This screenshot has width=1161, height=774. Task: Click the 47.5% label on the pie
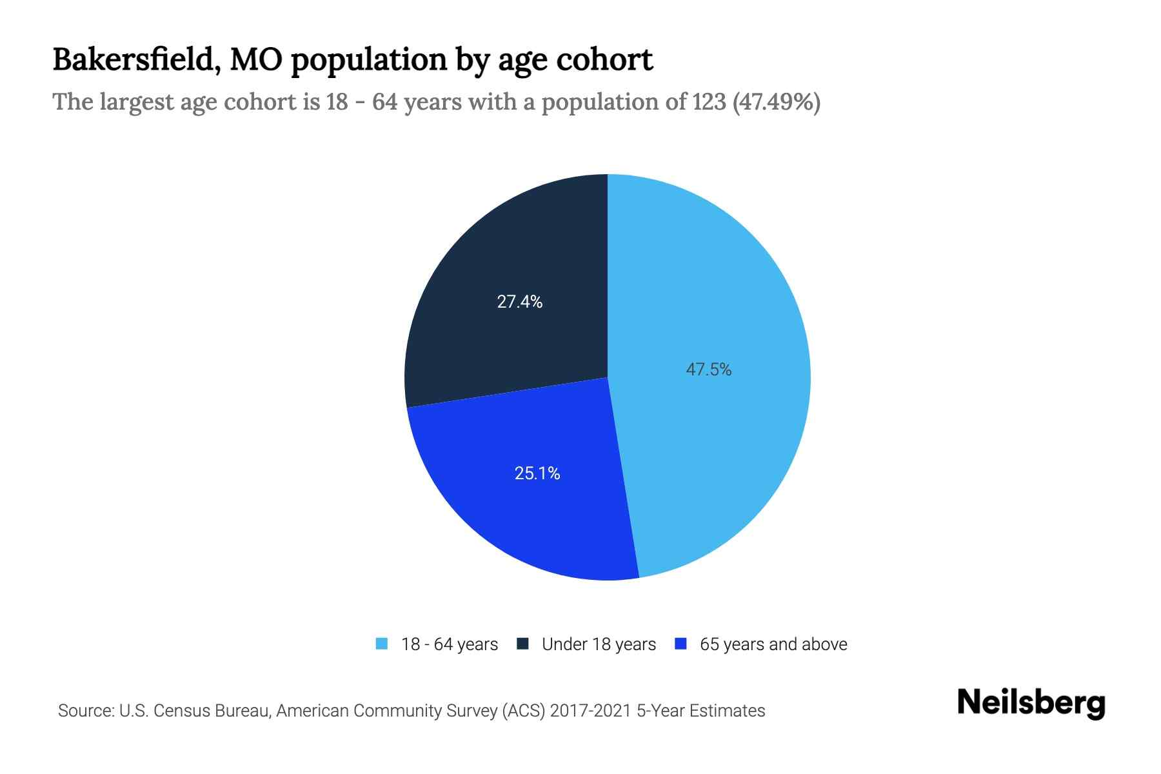[708, 370]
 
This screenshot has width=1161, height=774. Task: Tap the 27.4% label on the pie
[519, 301]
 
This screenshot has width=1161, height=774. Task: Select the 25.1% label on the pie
[537, 473]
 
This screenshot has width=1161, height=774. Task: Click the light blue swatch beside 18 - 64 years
[382, 644]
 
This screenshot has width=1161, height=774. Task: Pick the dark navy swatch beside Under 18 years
[522, 644]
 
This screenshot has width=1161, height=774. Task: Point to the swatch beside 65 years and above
[680, 644]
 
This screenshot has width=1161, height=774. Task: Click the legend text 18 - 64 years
[449, 644]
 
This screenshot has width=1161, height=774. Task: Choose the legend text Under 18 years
[599, 644]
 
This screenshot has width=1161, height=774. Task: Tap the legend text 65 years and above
[773, 644]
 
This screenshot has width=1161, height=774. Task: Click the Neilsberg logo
[1031, 703]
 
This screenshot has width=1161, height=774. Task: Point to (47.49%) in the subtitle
[777, 102]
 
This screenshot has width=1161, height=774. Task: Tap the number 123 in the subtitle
[709, 102]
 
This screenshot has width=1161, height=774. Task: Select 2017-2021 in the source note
[591, 711]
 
